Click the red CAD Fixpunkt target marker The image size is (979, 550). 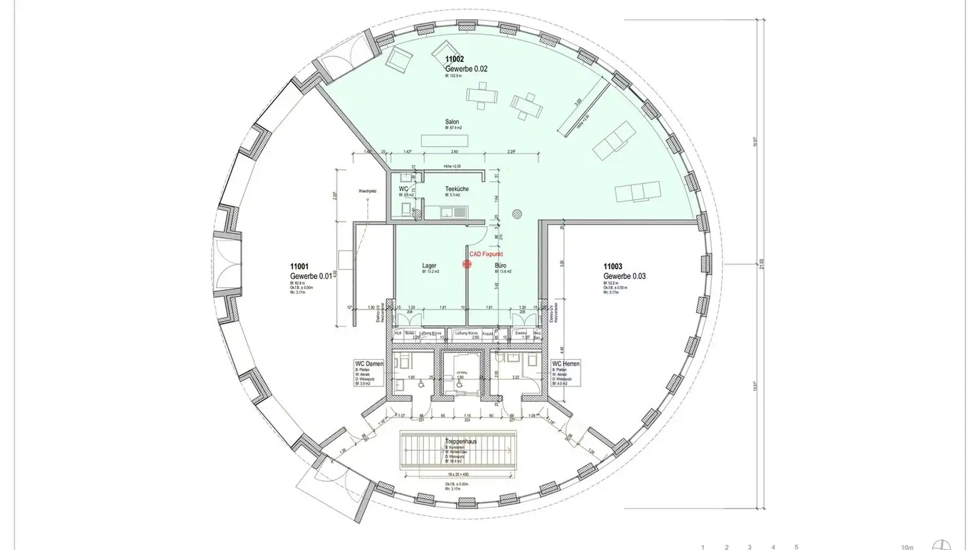[x=467, y=264]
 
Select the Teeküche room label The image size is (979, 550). [x=457, y=189]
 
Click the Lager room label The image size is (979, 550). [x=429, y=265]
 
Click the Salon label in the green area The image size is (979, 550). [x=452, y=122]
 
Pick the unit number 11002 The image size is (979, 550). [x=455, y=60]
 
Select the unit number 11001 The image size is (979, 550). [x=300, y=267]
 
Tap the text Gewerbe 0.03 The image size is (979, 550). [x=624, y=276]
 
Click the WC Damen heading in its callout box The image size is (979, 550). [x=369, y=364]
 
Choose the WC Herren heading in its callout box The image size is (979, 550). [x=566, y=364]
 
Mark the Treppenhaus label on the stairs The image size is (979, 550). [x=462, y=441]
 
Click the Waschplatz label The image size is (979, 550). [x=367, y=192]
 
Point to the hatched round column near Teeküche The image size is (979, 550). [x=517, y=212]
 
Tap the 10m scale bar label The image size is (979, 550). [x=906, y=546]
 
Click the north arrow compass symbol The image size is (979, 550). [x=942, y=544]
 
